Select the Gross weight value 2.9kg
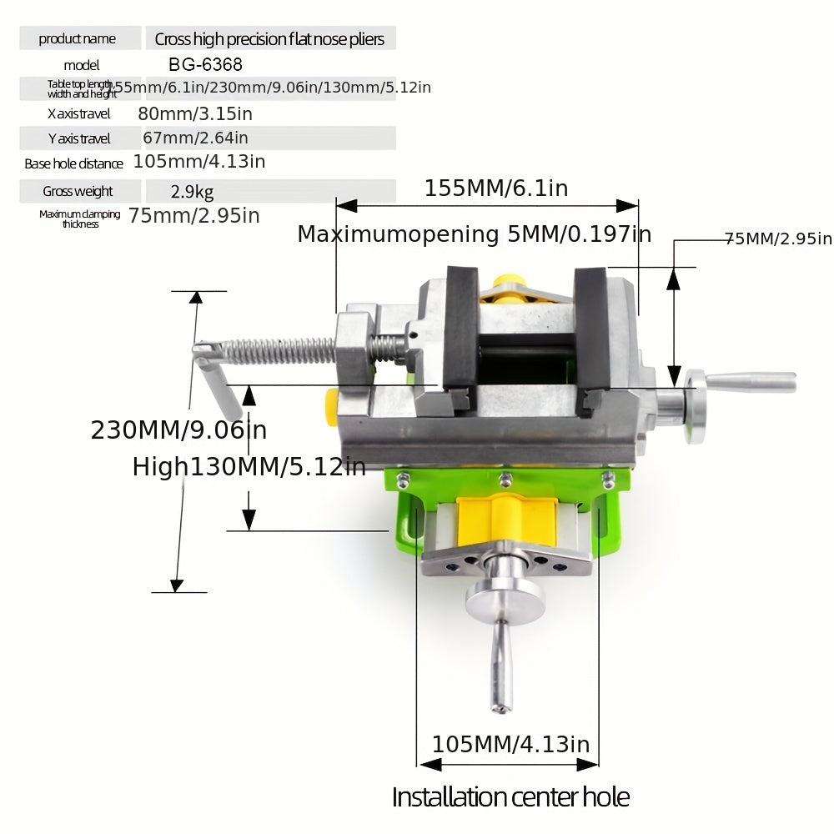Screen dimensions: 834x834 point(192,192)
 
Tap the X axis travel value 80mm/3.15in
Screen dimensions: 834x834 point(194,113)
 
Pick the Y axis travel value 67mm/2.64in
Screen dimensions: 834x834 point(192,138)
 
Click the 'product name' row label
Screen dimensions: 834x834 point(77,38)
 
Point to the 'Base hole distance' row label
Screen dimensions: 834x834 point(73,163)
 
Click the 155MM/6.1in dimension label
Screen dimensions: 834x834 point(495,188)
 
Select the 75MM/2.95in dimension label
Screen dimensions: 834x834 point(777,239)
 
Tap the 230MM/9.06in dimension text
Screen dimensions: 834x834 point(178,430)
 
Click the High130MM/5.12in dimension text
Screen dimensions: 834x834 point(249,467)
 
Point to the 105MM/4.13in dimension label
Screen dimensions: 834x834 point(510,744)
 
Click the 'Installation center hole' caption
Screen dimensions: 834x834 point(510,796)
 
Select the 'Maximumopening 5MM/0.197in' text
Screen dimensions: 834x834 point(474,234)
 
